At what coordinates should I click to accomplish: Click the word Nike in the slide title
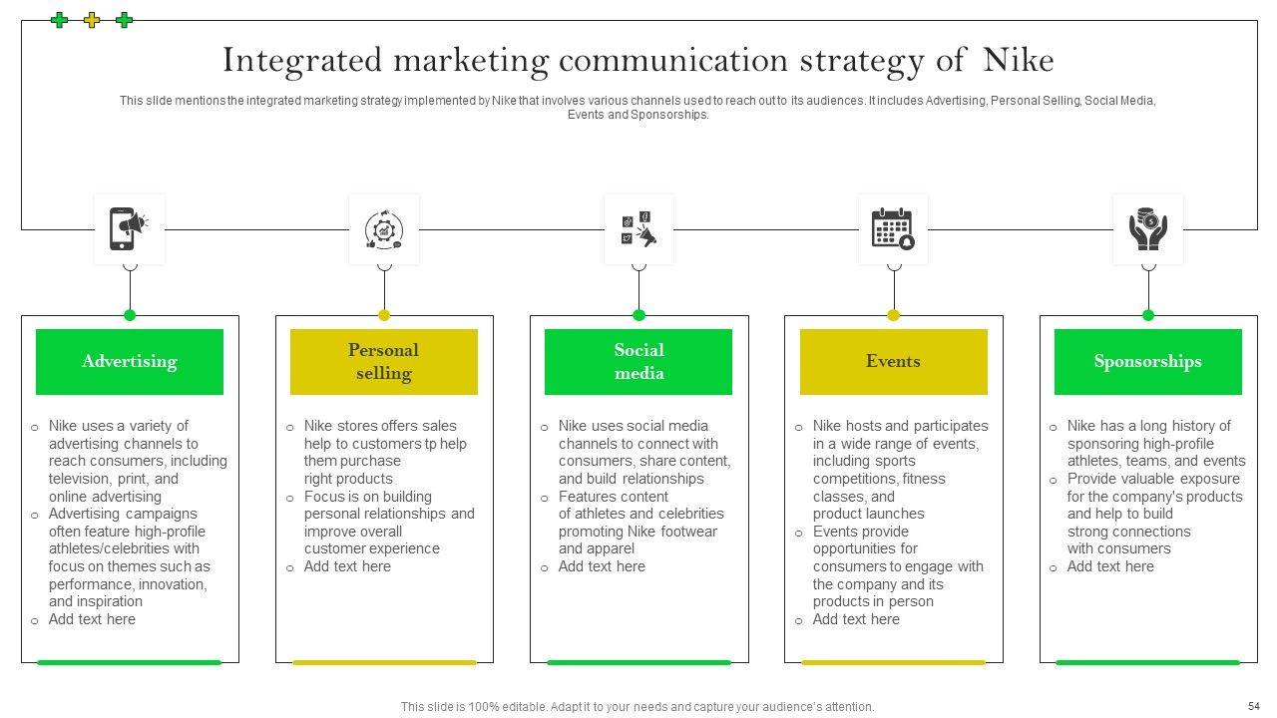click(x=1018, y=61)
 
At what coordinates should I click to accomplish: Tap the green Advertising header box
click(x=130, y=362)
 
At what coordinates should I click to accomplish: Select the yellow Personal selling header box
click(x=384, y=362)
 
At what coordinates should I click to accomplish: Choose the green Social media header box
click(x=638, y=362)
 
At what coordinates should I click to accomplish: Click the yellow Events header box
click(x=893, y=362)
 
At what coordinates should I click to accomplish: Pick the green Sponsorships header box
click(x=1147, y=362)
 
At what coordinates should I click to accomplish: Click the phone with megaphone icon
click(x=129, y=229)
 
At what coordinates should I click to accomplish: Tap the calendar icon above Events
click(x=893, y=229)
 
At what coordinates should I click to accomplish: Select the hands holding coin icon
click(x=1148, y=229)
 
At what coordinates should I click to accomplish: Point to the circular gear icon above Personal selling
click(x=384, y=229)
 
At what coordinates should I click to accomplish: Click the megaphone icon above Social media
click(x=638, y=229)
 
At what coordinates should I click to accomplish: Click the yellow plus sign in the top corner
click(x=92, y=20)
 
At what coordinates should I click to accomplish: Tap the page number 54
click(x=1254, y=706)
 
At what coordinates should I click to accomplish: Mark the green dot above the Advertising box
click(x=130, y=315)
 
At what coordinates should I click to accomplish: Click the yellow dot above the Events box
click(x=893, y=315)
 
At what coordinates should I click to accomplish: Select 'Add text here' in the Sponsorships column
click(x=1110, y=566)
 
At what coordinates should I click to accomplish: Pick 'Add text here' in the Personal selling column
click(x=347, y=566)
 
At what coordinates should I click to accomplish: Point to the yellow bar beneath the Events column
click(x=893, y=662)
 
